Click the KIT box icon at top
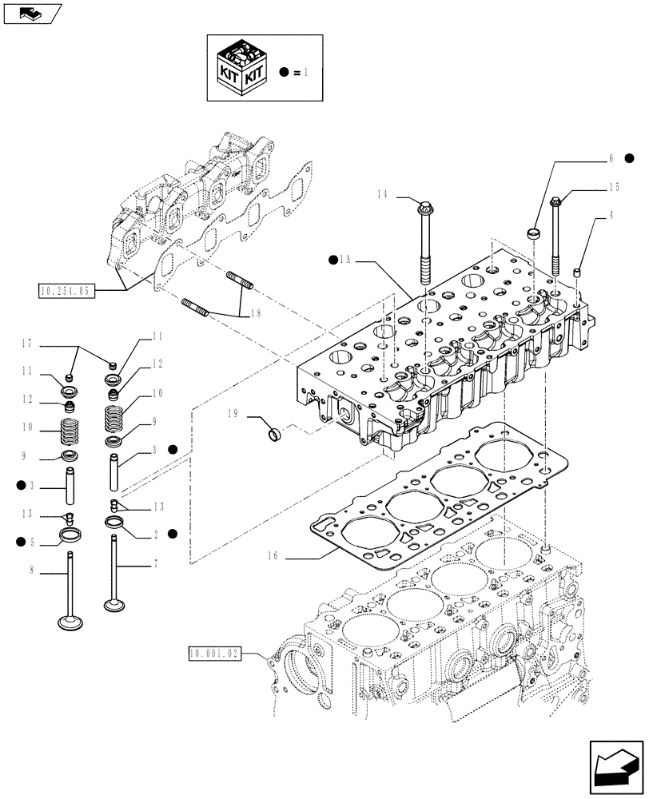[241, 68]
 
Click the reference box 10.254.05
[65, 291]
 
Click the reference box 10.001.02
[215, 654]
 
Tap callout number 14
[382, 195]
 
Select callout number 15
[613, 188]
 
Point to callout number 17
[26, 345]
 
